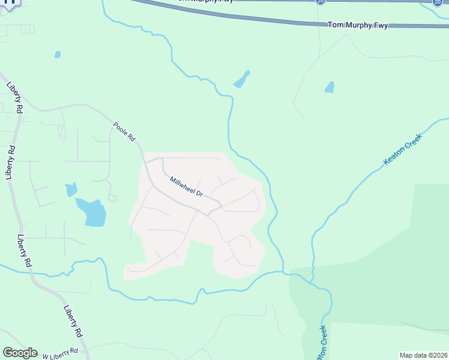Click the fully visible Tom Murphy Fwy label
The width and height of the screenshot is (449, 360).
coord(358,25)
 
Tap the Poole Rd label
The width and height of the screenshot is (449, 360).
coord(124,131)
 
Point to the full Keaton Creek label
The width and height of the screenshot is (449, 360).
coord(403,150)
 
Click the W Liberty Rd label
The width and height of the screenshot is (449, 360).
coord(60,352)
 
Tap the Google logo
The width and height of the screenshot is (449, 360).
coord(20,353)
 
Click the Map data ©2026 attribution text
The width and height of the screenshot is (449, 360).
coord(423,355)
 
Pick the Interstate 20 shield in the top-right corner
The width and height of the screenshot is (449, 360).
coord(438,2)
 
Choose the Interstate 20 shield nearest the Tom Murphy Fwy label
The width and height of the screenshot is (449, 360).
coord(320,2)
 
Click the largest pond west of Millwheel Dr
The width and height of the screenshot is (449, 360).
coord(92,212)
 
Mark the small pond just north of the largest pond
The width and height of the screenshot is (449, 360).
coord(71,190)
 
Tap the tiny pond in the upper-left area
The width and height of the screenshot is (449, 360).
coord(58,55)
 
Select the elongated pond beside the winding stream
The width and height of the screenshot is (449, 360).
coord(242,79)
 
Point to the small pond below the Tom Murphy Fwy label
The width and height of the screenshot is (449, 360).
coord(329,87)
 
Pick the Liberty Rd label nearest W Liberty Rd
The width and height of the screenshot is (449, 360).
coord(72,321)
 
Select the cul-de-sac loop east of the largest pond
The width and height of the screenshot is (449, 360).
coord(112,197)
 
